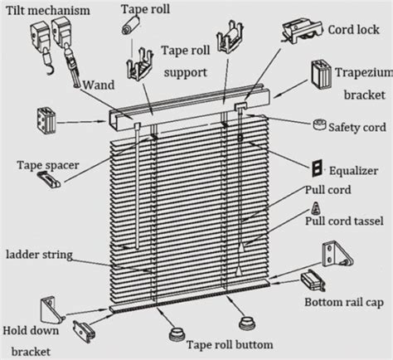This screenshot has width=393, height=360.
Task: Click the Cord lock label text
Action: pyautogui.click(x=354, y=30)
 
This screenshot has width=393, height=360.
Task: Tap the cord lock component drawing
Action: pyautogui.click(x=302, y=31)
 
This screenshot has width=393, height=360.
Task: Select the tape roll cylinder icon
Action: pyautogui.click(x=131, y=25)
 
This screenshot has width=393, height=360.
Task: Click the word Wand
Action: pyautogui.click(x=99, y=85)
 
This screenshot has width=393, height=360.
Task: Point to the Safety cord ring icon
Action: pyautogui.click(x=319, y=124)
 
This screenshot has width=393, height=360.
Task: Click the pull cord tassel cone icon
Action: pyautogui.click(x=316, y=208)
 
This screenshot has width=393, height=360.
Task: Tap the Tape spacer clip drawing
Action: pyautogui.click(x=50, y=178)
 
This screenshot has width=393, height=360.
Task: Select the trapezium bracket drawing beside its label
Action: pyautogui.click(x=322, y=75)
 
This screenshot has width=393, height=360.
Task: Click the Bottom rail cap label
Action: pyautogui.click(x=344, y=302)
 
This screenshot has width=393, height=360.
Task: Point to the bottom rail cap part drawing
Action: pyautogui.click(x=313, y=282)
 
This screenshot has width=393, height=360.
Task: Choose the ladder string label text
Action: pyautogui.click(x=39, y=255)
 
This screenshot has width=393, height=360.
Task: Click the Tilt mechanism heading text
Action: pyautogui.click(x=48, y=11)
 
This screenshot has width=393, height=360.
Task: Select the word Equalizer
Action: pyautogui.click(x=353, y=171)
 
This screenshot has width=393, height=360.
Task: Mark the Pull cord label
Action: pyautogui.click(x=328, y=190)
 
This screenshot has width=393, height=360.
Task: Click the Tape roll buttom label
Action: pyautogui.click(x=230, y=344)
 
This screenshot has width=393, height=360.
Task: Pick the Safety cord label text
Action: pyautogui.click(x=357, y=128)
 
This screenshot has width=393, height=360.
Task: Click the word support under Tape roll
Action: pyautogui.click(x=186, y=73)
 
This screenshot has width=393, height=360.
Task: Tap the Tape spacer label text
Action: pyautogui.click(x=48, y=165)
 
